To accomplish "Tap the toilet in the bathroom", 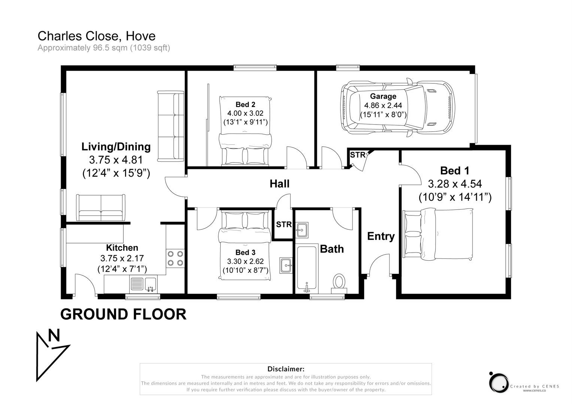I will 339,282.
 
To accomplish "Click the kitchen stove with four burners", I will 175,258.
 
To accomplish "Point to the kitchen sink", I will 143,285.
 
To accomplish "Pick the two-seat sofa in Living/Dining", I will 101,208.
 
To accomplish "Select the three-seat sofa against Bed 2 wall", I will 170,126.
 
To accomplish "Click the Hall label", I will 279,184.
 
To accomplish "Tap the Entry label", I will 381,236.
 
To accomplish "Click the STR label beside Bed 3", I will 284,224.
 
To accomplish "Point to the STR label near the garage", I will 357,155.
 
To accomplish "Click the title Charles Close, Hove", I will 96,36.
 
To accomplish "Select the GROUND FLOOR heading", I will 123,314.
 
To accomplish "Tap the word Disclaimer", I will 285,369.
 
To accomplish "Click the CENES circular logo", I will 499,383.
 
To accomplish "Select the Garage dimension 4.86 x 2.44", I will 383,105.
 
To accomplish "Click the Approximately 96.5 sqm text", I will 104,48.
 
